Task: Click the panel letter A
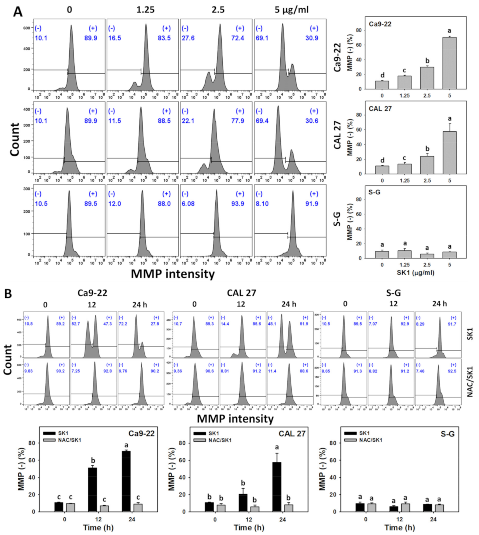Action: click(x=17, y=12)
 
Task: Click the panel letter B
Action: click(x=8, y=293)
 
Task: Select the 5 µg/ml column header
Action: click(x=291, y=10)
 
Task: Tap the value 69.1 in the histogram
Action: click(x=262, y=38)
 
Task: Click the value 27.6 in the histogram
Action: click(x=188, y=38)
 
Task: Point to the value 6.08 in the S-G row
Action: click(x=188, y=204)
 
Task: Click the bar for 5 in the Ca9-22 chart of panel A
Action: click(x=449, y=63)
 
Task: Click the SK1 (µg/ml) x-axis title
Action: click(x=415, y=273)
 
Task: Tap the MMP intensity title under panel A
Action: click(x=173, y=274)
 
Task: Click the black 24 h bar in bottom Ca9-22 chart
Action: click(x=126, y=481)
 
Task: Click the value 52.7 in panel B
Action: click(x=76, y=324)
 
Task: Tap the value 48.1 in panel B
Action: click(x=272, y=324)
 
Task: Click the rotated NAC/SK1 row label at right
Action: click(x=470, y=382)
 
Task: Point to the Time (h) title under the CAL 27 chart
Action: click(x=249, y=528)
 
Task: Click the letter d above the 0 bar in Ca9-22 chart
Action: click(x=382, y=75)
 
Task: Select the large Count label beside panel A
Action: click(x=14, y=139)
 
